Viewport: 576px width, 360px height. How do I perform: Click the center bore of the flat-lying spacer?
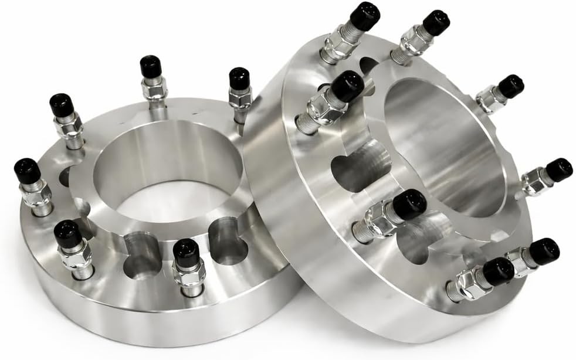167,176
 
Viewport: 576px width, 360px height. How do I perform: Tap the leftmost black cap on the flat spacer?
27,170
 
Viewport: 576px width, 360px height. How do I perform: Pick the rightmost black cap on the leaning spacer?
558,169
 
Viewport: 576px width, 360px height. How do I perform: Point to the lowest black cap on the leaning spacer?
498,271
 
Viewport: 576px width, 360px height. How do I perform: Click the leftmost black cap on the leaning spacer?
347,86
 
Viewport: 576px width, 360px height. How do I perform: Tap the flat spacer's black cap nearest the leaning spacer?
239,79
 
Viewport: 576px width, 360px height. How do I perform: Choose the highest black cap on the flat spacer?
151,66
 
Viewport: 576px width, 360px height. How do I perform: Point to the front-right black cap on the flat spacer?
186,250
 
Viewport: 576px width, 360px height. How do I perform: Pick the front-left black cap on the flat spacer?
67,233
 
